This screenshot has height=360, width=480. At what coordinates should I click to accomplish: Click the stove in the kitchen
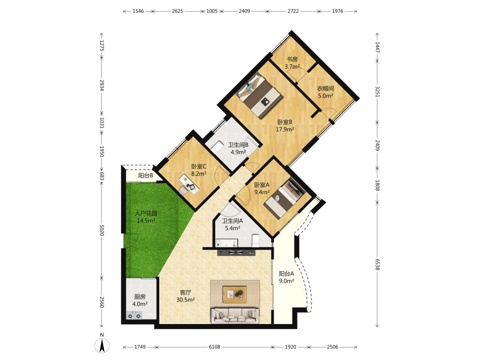[134, 314]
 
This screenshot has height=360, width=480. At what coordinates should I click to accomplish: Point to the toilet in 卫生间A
[255, 240]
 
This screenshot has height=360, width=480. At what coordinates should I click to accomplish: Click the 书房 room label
[292, 59]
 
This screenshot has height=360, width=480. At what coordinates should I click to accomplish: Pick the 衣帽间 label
[325, 88]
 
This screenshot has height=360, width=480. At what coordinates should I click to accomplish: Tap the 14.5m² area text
[146, 220]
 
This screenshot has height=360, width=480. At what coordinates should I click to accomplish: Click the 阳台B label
[145, 176]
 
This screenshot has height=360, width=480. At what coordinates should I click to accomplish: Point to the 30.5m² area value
[185, 300]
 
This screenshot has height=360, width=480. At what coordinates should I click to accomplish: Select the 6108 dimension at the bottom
[214, 347]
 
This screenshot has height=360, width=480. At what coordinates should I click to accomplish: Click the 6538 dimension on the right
[377, 264]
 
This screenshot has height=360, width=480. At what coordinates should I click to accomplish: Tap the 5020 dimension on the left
[102, 231]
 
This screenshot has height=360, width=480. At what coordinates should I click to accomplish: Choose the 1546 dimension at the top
[138, 11]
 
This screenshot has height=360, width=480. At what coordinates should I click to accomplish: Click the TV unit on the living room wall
[236, 252]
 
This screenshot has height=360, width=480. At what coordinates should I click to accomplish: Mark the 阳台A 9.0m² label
[286, 277]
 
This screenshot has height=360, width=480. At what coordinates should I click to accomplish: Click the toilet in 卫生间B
[217, 146]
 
